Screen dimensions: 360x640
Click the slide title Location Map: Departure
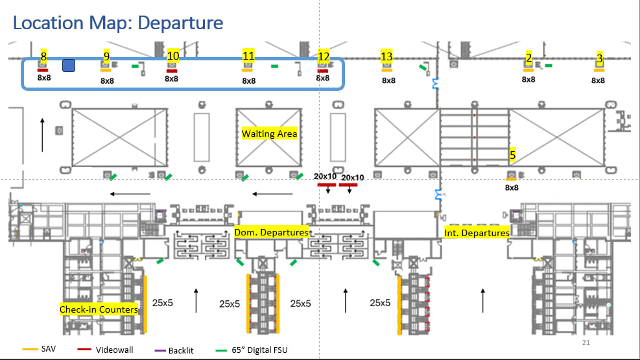[x=118, y=23]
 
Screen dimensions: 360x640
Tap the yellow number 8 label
[x=43, y=56]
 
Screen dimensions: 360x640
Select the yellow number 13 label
[x=386, y=57]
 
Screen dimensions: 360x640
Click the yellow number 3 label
[x=599, y=58]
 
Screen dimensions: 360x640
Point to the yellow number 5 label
[x=512, y=155]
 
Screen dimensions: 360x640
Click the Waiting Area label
[x=269, y=134]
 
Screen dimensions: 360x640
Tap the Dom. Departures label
[x=271, y=232]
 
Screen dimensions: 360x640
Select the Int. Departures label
[x=477, y=232]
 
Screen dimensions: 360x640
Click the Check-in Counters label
[x=99, y=309]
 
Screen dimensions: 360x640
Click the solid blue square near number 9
[x=69, y=65]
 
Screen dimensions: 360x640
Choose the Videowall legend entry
[x=114, y=350]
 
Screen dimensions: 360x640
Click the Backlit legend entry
[x=180, y=350]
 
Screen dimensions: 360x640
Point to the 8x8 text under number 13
[x=388, y=80]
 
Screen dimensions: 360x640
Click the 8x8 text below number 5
[x=512, y=187]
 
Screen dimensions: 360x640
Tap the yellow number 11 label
[x=248, y=56]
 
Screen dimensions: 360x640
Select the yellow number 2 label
[x=528, y=58]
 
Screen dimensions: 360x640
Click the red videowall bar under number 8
[x=43, y=70]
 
